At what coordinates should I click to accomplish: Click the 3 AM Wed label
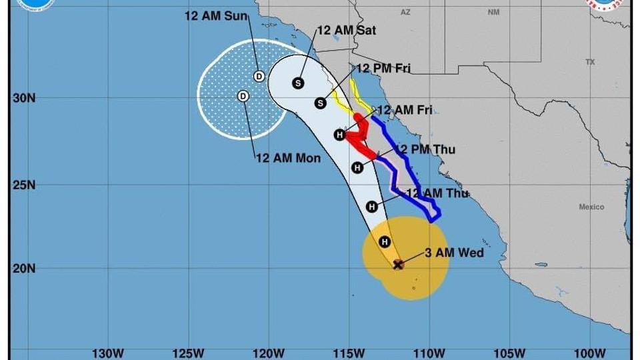click(x=454, y=253)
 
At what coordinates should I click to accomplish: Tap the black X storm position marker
click(x=398, y=265)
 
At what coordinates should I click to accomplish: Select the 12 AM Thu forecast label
click(x=437, y=193)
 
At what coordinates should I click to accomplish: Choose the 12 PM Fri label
click(x=383, y=68)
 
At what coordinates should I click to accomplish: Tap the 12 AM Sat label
click(x=346, y=30)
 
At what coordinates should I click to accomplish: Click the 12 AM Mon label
click(x=288, y=158)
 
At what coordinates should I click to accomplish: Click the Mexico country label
click(x=591, y=207)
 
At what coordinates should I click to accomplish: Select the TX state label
click(x=590, y=62)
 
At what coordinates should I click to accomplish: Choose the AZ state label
click(x=405, y=13)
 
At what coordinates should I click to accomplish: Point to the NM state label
click(x=493, y=13)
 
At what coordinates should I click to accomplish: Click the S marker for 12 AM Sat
click(x=298, y=83)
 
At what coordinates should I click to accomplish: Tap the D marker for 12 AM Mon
click(x=243, y=96)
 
